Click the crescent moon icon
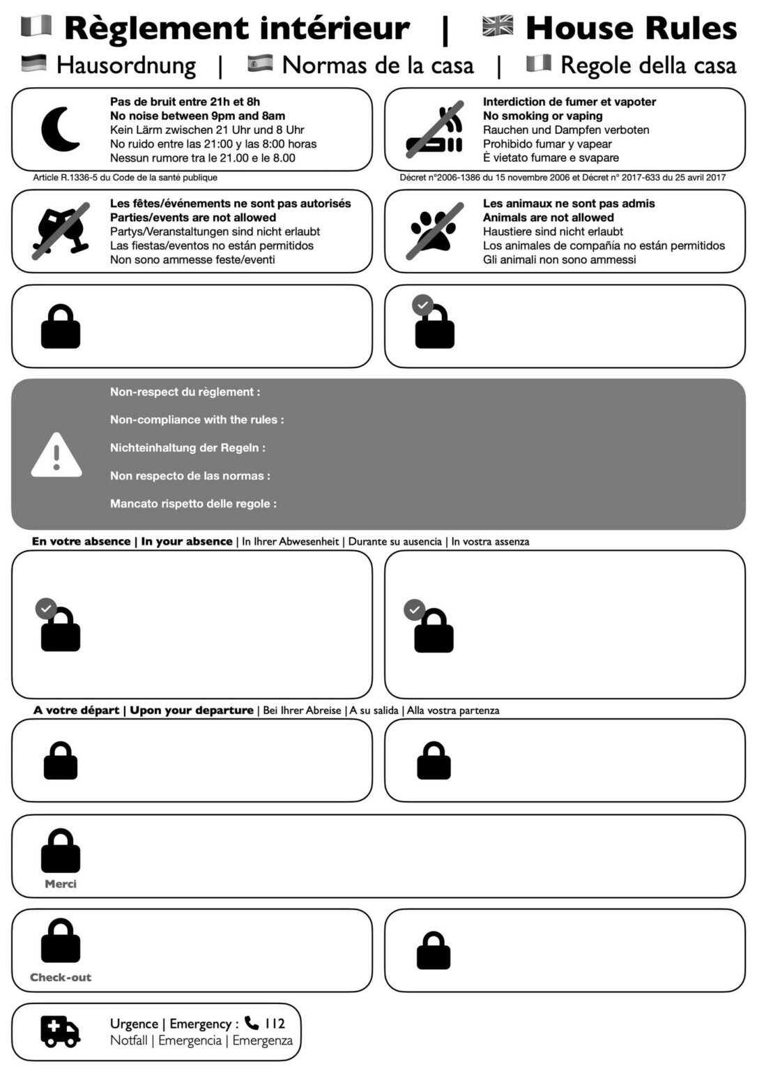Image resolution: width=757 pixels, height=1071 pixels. pos(60,129)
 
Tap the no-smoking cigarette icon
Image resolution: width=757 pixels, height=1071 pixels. pos(435,130)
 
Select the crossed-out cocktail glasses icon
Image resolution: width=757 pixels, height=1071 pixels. pos(61,231)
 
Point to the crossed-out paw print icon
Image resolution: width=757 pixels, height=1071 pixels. pos(434,231)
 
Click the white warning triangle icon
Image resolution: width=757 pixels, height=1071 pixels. pos(56,455)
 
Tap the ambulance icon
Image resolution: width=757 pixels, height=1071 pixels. pos(60,1031)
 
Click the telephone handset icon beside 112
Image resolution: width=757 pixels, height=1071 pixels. pos(252,1023)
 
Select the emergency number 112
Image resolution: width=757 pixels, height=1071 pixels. pos(275,1024)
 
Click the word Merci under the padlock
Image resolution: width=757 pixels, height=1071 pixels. pos(61,883)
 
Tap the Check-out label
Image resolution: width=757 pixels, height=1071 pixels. pos(61,977)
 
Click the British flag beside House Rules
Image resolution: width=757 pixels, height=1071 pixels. pos(498,26)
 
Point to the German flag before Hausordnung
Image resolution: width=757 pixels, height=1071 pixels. pos(34,63)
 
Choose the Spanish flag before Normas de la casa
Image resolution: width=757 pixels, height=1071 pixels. pos(260,63)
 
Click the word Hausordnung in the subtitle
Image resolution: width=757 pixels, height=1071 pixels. pos(126,65)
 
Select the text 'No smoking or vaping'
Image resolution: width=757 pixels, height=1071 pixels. pos(542,116)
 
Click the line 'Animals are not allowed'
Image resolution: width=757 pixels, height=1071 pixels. pos(548,218)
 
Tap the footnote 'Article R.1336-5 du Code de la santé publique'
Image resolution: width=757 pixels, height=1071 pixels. pos(125,177)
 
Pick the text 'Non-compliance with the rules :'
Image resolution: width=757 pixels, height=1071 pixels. pos(197,420)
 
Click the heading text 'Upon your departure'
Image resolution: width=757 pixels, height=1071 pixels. pos(192,710)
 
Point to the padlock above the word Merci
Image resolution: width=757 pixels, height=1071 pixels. pos(61,850)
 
